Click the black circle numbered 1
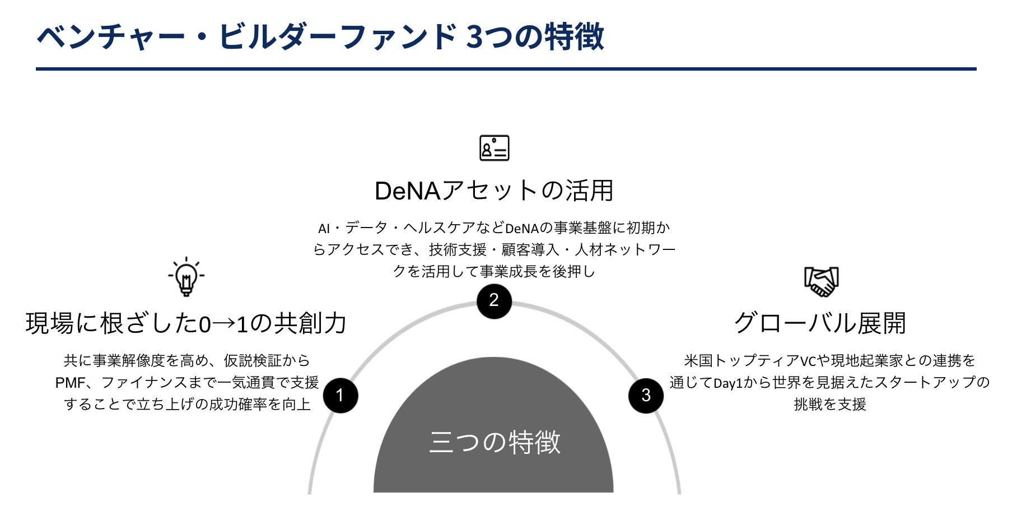point(340,395)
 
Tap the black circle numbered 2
point(494,301)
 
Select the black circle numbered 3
point(646,395)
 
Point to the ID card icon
point(494,148)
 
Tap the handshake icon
point(821,281)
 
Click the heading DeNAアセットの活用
point(494,191)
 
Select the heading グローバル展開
point(820,323)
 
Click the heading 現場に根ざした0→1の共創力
point(186,324)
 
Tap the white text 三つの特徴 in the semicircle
point(494,442)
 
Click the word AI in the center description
point(324,229)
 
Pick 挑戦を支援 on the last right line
point(830,405)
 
